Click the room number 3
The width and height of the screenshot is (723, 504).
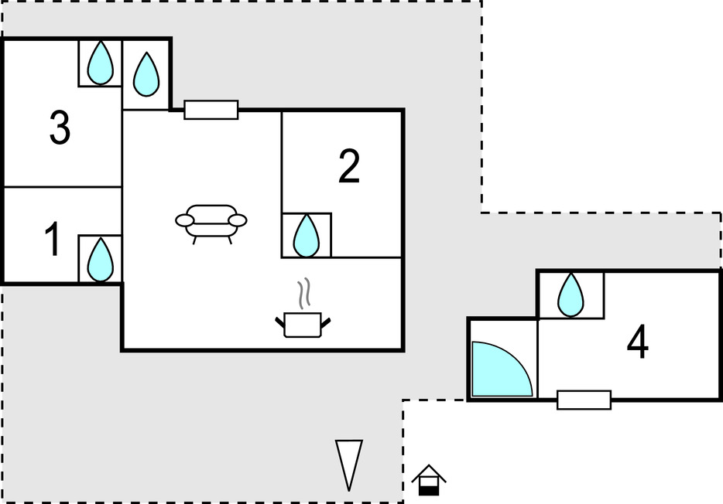(60, 128)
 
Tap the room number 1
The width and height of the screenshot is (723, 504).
(53, 240)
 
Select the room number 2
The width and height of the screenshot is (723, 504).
(349, 167)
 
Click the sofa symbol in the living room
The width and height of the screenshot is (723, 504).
(211, 223)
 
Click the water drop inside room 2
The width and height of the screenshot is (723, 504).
(307, 235)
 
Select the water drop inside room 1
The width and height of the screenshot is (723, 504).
(100, 259)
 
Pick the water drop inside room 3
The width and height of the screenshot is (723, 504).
(100, 63)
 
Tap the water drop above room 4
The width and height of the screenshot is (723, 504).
(571, 295)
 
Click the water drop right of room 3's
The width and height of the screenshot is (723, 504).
(146, 74)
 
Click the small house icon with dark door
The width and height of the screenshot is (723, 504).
(428, 481)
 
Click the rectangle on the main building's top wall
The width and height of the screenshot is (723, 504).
(211, 110)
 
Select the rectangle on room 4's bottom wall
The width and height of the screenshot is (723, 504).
(584, 400)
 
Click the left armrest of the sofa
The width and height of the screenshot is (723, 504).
(185, 221)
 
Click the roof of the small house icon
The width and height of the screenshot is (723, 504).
(428, 472)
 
